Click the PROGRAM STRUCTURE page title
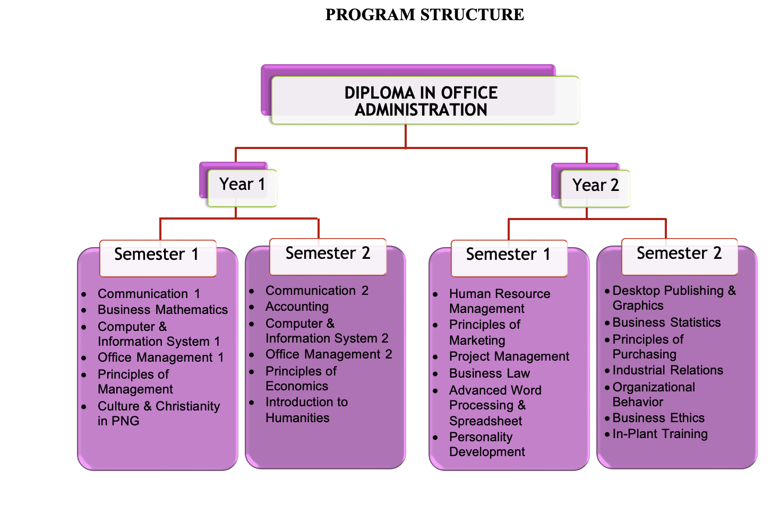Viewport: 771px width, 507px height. [x=424, y=15]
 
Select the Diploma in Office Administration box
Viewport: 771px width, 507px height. [x=421, y=101]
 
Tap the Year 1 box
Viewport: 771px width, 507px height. [x=242, y=185]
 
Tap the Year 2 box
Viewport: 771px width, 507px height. [x=595, y=186]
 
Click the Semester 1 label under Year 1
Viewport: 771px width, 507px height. [x=157, y=255]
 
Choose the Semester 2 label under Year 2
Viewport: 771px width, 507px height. [x=679, y=254]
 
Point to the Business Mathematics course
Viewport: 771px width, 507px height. [x=162, y=310]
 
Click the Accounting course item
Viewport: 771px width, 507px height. [x=297, y=307]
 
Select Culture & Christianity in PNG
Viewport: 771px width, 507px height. [x=158, y=414]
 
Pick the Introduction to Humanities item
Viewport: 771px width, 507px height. [x=306, y=410]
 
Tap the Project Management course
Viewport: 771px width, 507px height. [x=509, y=356]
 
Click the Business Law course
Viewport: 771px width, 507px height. [x=489, y=373]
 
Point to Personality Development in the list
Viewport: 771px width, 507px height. [x=486, y=444]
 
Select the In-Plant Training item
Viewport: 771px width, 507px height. [x=659, y=434]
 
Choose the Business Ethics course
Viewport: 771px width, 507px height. [x=658, y=418]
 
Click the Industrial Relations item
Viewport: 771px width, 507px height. [x=667, y=370]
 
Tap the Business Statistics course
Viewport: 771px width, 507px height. [x=666, y=322]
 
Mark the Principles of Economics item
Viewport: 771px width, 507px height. [x=301, y=379]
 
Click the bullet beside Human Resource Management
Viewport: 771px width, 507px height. [x=435, y=294]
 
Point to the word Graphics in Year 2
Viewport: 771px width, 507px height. [x=638, y=305]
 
